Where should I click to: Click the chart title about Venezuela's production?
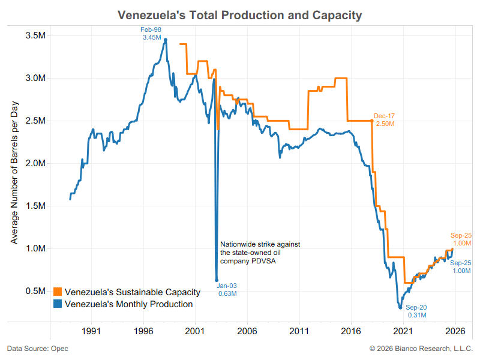click(x=240, y=15)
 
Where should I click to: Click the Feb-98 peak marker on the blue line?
click(x=166, y=40)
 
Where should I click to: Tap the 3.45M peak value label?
click(x=152, y=38)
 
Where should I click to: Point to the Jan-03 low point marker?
click(x=217, y=280)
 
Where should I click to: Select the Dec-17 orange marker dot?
click(x=372, y=121)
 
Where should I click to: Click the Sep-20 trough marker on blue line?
click(x=400, y=308)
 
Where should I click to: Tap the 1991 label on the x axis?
click(x=91, y=331)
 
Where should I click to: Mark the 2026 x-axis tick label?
click(x=455, y=331)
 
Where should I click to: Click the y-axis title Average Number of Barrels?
click(x=14, y=164)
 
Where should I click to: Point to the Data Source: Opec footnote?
click(x=35, y=349)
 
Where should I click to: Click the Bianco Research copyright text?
click(x=421, y=349)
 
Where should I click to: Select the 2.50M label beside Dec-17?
click(x=385, y=123)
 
